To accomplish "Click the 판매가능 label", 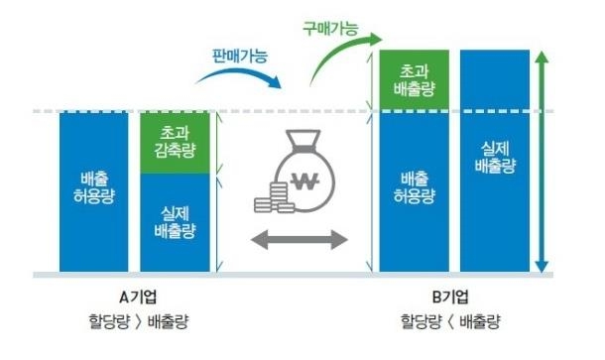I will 240,57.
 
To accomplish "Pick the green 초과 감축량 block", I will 176,144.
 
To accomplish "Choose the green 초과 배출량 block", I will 414,80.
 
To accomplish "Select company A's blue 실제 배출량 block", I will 176,222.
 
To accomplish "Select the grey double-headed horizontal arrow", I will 299,238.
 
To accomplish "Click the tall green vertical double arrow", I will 542,159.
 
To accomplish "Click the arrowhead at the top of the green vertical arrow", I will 542,58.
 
